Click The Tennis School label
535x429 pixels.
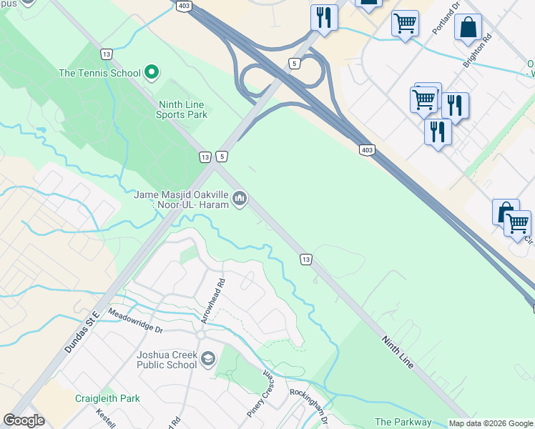[x=99, y=73]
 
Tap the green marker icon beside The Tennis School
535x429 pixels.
[x=152, y=72]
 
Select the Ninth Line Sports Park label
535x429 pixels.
[x=181, y=109]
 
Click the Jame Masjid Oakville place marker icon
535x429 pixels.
[x=240, y=198]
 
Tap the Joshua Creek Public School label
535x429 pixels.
[x=167, y=359]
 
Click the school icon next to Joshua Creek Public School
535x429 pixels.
[x=208, y=359]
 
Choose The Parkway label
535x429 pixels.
[x=403, y=423]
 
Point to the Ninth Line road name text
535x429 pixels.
[x=398, y=352]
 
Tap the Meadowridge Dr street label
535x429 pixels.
[x=135, y=321]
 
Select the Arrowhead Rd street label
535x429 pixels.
[x=212, y=300]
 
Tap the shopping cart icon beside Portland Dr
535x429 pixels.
[x=405, y=24]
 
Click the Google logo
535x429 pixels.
[x=24, y=420]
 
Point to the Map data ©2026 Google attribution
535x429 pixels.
[x=490, y=423]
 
